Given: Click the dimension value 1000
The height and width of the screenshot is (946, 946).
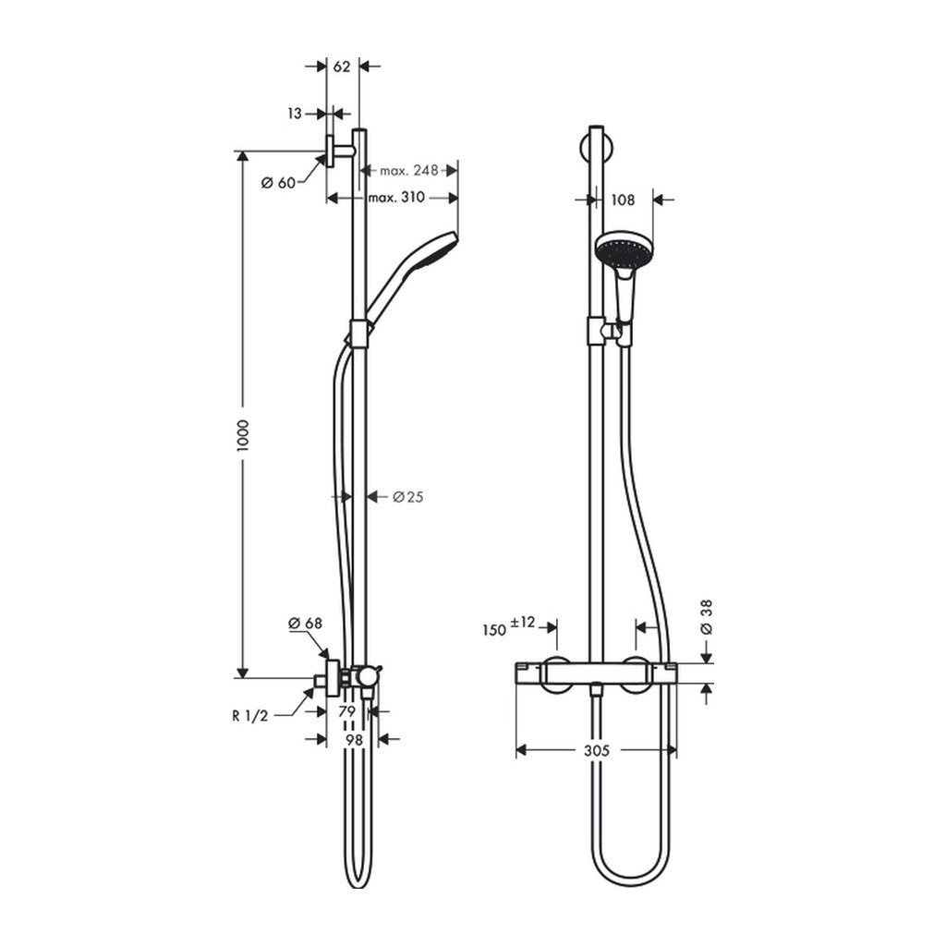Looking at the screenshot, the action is coord(243,435).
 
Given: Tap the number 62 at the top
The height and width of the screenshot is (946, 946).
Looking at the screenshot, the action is coord(342,66).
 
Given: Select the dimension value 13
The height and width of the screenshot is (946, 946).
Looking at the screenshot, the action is coord(295,114).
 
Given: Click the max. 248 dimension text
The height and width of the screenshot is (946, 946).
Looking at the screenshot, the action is coord(408,170).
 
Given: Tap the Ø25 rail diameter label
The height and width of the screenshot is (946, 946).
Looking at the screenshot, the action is coord(407,497).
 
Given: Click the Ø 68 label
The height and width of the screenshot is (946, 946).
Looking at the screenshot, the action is coord(305,624).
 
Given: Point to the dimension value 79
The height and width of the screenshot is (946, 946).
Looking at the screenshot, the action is coord(346,711).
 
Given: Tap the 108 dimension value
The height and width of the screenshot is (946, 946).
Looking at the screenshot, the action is coord(624,199).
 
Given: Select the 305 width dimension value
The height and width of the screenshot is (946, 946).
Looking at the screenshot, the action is coord(597,752).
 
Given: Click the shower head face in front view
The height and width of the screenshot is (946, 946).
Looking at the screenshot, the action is coord(620,249).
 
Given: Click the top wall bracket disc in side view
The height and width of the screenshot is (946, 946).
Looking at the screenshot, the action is coord(329,152).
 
